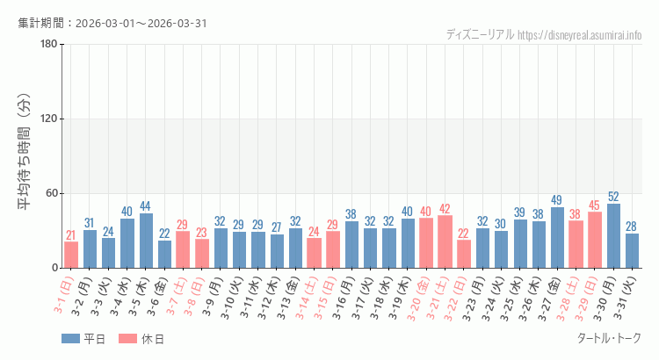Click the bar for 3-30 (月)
[x=613, y=235]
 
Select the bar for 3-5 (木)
[x=146, y=241]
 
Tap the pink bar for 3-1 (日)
[x=71, y=255]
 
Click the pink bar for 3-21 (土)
[x=445, y=241]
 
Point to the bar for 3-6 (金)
[x=164, y=254]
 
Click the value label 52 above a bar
[x=613, y=197]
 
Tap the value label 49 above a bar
[x=557, y=200]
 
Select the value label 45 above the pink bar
[x=595, y=205]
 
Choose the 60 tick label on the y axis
[x=51, y=193]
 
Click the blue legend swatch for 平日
[x=71, y=339]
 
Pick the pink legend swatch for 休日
[x=127, y=339]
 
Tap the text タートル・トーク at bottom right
[x=608, y=338]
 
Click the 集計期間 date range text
[x=112, y=23]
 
